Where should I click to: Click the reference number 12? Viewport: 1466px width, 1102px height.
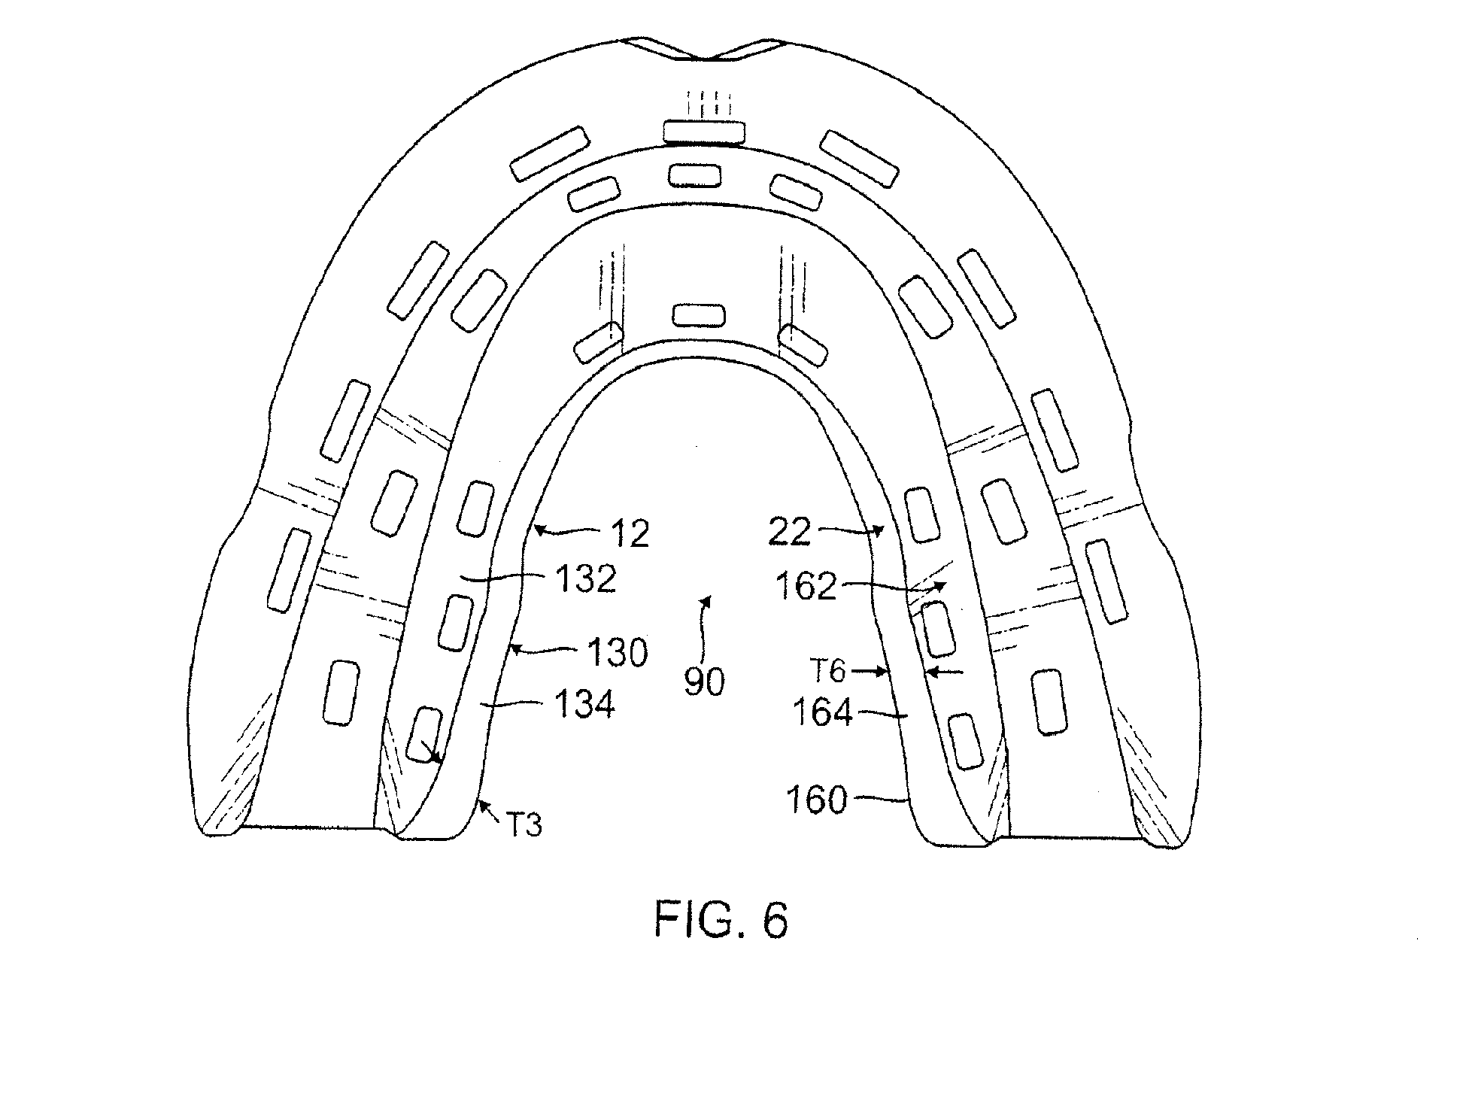click(x=630, y=535)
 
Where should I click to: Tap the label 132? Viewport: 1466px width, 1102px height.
click(x=587, y=578)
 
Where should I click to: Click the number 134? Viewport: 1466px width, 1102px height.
click(x=584, y=705)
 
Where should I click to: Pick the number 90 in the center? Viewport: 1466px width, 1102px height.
click(x=704, y=682)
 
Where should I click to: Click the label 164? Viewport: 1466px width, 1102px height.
click(x=823, y=712)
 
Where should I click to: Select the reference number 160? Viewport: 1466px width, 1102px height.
click(x=817, y=800)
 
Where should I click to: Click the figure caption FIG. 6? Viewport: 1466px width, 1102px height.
click(x=721, y=919)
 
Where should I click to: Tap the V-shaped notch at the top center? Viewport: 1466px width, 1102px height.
click(x=703, y=57)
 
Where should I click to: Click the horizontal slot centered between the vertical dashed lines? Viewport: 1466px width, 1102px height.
click(x=699, y=315)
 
